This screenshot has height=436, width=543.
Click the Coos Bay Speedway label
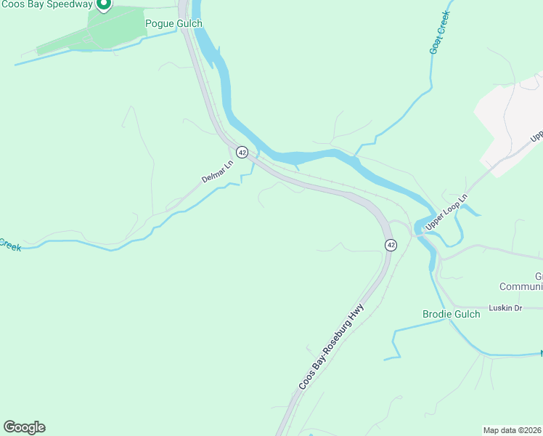[x=46, y=5]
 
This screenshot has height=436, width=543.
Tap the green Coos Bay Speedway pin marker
[x=103, y=4]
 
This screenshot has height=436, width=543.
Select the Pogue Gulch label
[x=173, y=24]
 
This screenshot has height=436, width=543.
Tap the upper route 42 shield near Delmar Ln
[x=242, y=152]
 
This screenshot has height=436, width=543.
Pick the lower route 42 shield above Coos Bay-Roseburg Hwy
[x=391, y=245]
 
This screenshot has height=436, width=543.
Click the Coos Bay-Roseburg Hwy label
[x=331, y=346]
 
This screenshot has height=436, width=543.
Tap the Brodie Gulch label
[x=451, y=314]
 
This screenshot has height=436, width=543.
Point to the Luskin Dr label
[x=507, y=308]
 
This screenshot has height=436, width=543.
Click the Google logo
[x=24, y=427]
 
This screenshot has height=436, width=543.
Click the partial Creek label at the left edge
[x=9, y=245]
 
